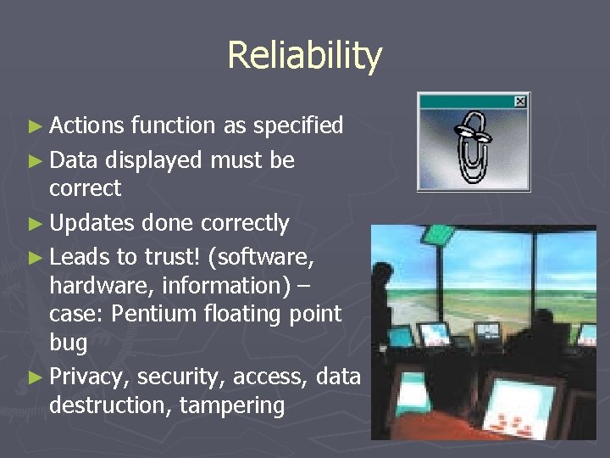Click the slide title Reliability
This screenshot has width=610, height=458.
304,56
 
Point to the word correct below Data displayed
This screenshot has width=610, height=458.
85,188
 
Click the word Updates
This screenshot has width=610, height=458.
91,223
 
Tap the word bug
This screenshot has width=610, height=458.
68,343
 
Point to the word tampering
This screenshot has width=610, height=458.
231,405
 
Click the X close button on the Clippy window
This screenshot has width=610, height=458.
520,102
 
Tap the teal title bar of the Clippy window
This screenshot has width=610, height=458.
466,102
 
